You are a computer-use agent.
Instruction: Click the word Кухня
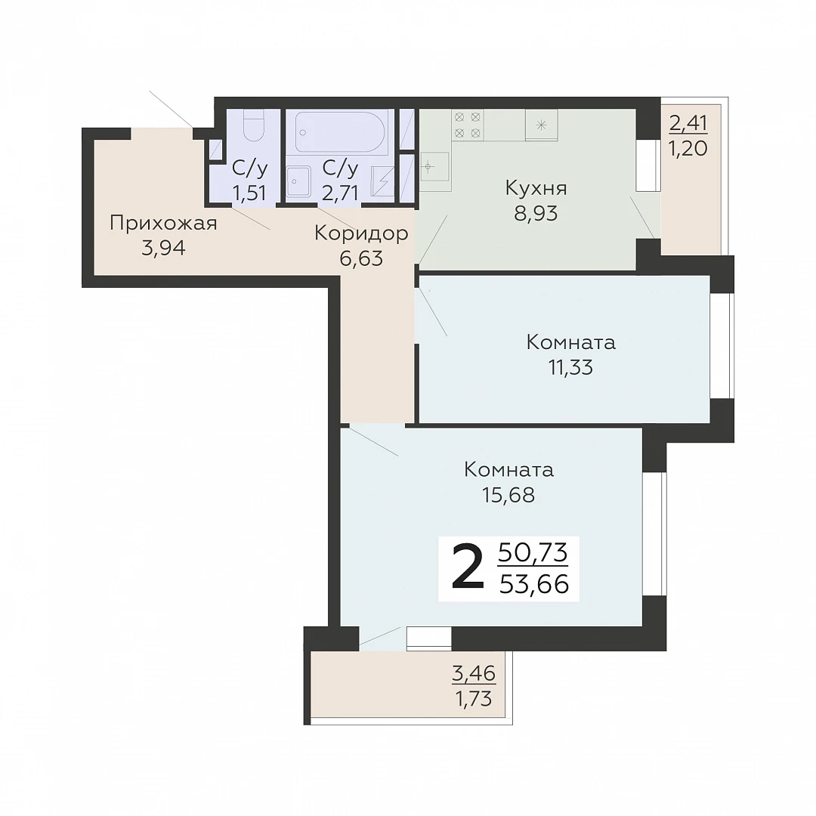[x=536, y=188]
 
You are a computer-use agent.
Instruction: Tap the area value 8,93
[x=536, y=213]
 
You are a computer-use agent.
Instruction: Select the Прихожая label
[x=163, y=223]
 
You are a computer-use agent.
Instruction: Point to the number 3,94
[x=163, y=249]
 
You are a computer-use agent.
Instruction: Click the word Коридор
[x=361, y=233]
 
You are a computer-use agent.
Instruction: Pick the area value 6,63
[x=361, y=258]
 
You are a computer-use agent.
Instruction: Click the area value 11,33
[x=571, y=367]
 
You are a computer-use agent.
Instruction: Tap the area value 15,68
[x=508, y=495]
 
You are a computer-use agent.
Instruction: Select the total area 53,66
[x=534, y=584]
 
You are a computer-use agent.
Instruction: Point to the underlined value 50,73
[x=533, y=552]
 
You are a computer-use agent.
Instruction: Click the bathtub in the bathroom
[x=341, y=131]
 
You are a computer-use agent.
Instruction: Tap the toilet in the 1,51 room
[x=255, y=126]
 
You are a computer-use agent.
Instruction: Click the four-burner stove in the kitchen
[x=468, y=125]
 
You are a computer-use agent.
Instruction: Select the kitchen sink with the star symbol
[x=541, y=125]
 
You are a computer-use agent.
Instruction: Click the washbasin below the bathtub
[x=298, y=181]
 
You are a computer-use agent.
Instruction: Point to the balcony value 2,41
[x=688, y=123]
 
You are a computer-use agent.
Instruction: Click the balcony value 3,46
[x=474, y=673]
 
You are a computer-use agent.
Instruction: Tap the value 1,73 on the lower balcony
[x=474, y=698]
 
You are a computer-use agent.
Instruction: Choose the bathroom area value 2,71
[x=340, y=193]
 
